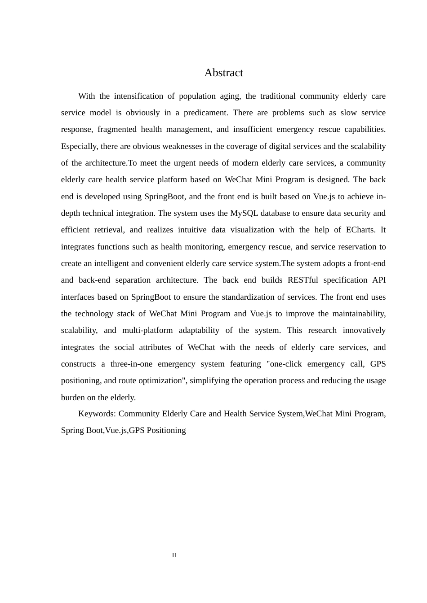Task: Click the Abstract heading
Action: click(223, 73)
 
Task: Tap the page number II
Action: click(174, 555)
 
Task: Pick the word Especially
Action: click(79, 146)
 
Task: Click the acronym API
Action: click(379, 280)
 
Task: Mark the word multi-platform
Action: click(147, 330)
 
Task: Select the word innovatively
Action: click(364, 330)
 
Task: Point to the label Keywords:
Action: click(97, 414)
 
